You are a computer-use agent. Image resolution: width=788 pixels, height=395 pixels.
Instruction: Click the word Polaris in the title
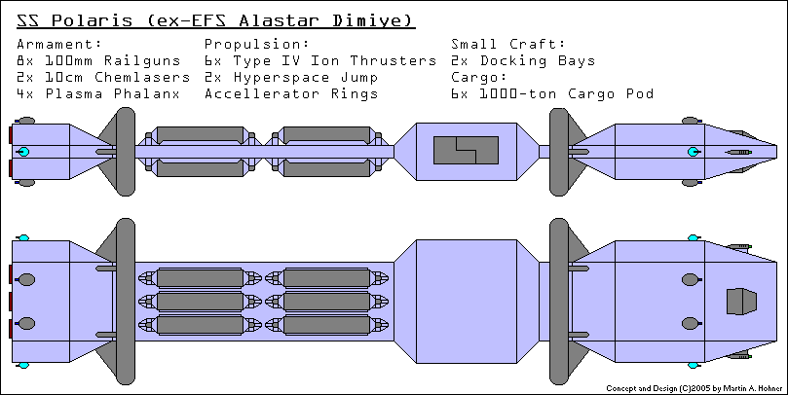point(94,20)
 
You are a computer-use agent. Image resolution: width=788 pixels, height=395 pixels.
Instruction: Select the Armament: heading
point(58,44)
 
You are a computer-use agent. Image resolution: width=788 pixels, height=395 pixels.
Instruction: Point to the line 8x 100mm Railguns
point(99,60)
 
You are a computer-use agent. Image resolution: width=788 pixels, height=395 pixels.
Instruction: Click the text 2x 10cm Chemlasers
point(103,77)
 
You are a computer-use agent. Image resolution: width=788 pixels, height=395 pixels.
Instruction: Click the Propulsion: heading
point(257,44)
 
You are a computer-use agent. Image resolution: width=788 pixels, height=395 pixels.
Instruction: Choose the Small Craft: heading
point(508,44)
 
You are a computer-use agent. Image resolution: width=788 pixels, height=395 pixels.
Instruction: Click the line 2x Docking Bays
point(523,60)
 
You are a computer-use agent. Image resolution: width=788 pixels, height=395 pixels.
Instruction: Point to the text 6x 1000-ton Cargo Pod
point(551,93)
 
